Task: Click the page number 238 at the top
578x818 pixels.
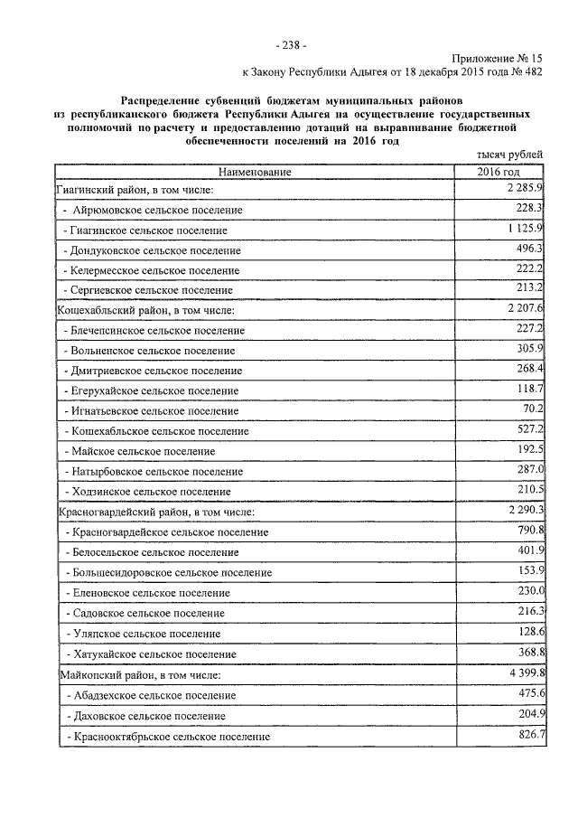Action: [x=289, y=45]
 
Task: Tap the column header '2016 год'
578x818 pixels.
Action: [x=499, y=172]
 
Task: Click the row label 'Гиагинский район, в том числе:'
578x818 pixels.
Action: [x=135, y=190]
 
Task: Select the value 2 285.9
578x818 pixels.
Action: [x=524, y=188]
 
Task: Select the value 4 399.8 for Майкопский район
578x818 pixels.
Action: [x=524, y=672]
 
